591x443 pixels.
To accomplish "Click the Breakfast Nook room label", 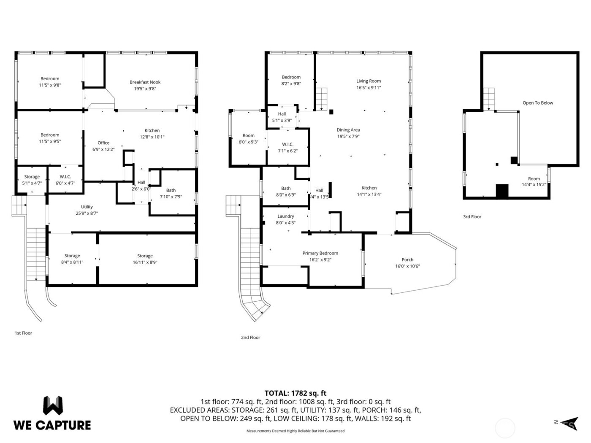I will [145, 82].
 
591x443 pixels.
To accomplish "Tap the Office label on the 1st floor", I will [103, 143].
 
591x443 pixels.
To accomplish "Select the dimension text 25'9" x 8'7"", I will [87, 213].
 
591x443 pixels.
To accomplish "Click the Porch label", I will [407, 260].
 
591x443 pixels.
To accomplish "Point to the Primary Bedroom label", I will [320, 253].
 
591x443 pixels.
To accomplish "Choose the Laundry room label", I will [286, 216].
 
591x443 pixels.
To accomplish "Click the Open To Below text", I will [537, 103].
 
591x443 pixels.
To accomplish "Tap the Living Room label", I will [369, 81].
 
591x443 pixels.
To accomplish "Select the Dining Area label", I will [348, 130].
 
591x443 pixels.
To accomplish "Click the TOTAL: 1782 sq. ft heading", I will [295, 393].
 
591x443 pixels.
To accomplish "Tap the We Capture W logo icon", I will [53, 405].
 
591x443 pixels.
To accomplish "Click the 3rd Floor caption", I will [472, 217].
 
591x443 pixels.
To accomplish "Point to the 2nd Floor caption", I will [250, 338].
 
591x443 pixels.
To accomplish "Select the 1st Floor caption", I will [23, 333].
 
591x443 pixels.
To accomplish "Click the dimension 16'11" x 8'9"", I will [145, 262].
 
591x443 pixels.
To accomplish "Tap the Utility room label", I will [87, 207].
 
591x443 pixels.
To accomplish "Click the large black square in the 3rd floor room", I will [502, 191].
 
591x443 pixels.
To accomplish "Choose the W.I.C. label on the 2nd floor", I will [287, 144].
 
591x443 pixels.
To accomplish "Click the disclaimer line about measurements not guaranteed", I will [295, 431].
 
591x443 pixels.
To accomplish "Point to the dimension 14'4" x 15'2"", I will [534, 184].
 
